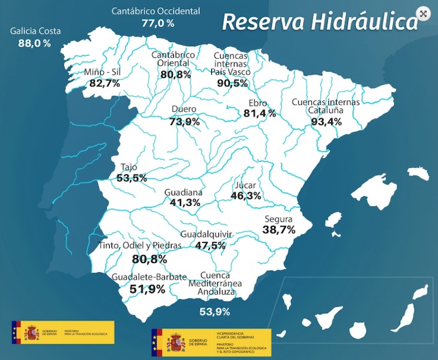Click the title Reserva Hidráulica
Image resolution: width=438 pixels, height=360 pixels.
(319, 22)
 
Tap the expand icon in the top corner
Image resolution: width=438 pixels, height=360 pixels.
(424, 14)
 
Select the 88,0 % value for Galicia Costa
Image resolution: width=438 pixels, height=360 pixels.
(34, 43)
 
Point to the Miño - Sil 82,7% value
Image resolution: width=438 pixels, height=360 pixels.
(104, 83)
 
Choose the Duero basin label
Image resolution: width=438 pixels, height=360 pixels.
(184, 110)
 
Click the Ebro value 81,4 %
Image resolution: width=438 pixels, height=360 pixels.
(259, 113)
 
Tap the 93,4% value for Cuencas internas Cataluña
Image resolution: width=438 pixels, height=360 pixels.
(326, 121)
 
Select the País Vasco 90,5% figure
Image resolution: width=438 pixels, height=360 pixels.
(232, 83)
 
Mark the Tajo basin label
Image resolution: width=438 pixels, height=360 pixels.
(129, 167)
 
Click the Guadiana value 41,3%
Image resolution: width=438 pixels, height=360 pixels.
(185, 203)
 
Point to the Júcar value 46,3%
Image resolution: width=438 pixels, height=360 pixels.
(246, 196)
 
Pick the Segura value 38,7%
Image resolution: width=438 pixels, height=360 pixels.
(280, 230)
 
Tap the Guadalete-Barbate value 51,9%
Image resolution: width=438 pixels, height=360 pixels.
(147, 289)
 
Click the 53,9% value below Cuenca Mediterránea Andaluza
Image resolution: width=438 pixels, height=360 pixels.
(214, 311)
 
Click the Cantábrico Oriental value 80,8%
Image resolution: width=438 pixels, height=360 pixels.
(175, 74)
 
